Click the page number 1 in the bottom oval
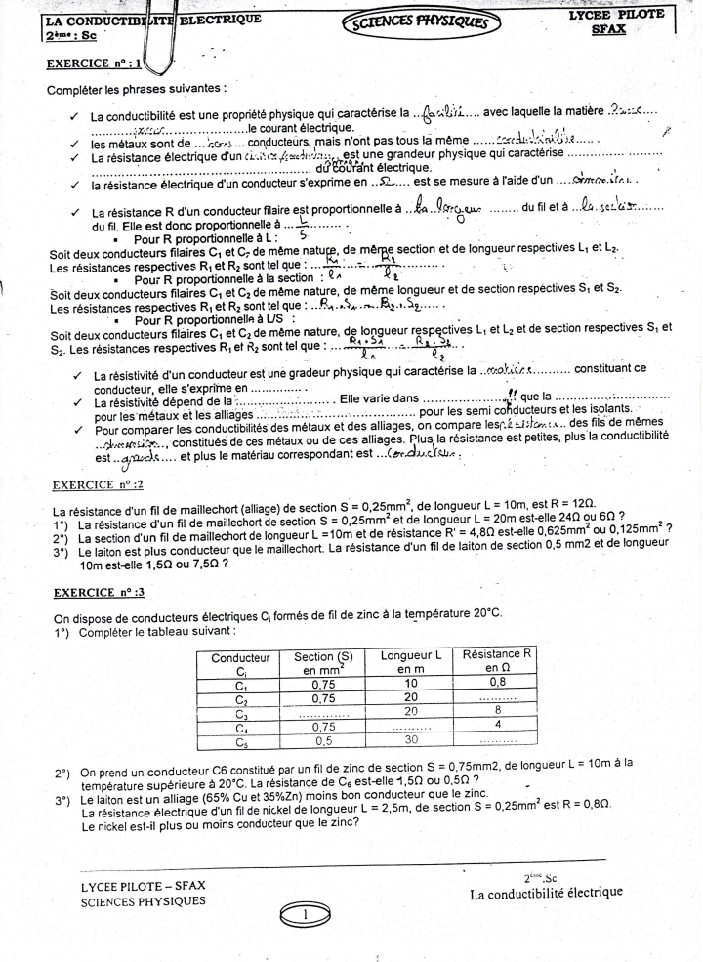(307, 915)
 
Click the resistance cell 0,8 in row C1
(498, 684)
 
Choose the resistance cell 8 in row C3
(498, 713)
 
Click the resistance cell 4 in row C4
(498, 727)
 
